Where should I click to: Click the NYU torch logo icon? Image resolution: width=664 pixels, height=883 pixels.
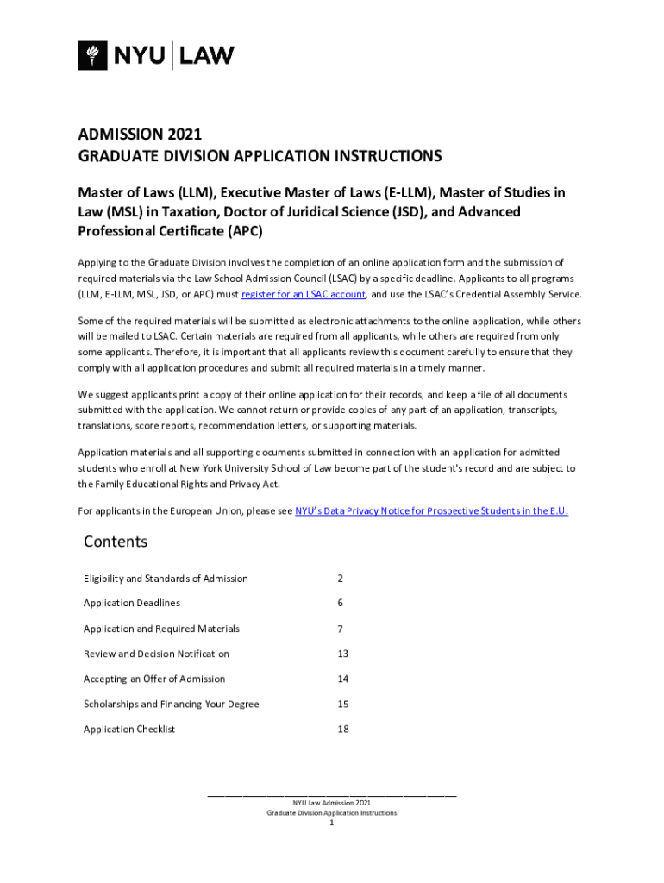click(x=91, y=56)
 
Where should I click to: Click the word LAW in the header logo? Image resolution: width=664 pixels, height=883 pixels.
click(x=206, y=57)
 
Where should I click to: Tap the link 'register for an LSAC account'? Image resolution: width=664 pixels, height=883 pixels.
click(x=304, y=294)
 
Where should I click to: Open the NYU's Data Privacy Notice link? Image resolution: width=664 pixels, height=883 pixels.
click(x=431, y=510)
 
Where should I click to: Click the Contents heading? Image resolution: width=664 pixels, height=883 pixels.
click(x=116, y=542)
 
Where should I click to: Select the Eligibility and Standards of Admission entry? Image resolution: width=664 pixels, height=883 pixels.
click(x=166, y=579)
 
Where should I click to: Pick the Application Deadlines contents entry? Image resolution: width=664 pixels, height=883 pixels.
click(x=132, y=604)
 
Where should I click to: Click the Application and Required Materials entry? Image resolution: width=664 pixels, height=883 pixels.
click(x=161, y=629)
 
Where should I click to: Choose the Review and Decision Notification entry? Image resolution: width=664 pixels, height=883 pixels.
click(x=156, y=654)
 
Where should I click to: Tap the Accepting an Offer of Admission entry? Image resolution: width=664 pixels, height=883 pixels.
click(x=154, y=679)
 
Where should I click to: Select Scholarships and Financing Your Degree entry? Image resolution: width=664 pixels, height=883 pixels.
click(x=171, y=704)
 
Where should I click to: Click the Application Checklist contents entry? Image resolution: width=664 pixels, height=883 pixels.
click(x=129, y=730)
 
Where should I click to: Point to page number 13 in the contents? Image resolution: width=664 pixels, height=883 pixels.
click(x=343, y=654)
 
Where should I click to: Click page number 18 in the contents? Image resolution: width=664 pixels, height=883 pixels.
click(x=343, y=730)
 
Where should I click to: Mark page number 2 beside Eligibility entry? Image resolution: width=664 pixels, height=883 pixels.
click(x=341, y=579)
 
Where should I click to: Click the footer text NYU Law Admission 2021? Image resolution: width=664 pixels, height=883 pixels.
click(x=331, y=803)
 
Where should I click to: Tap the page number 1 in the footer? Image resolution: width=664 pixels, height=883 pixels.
click(x=331, y=824)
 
